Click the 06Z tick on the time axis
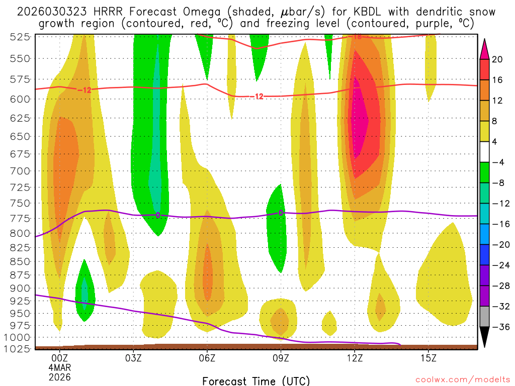(x=207, y=358)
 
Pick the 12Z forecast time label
(x=355, y=358)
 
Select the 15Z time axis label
(x=428, y=358)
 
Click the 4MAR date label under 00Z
(x=60, y=367)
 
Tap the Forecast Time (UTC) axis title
(x=256, y=380)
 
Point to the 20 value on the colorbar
(x=497, y=59)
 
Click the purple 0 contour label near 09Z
(x=281, y=213)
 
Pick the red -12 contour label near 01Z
(x=84, y=90)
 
